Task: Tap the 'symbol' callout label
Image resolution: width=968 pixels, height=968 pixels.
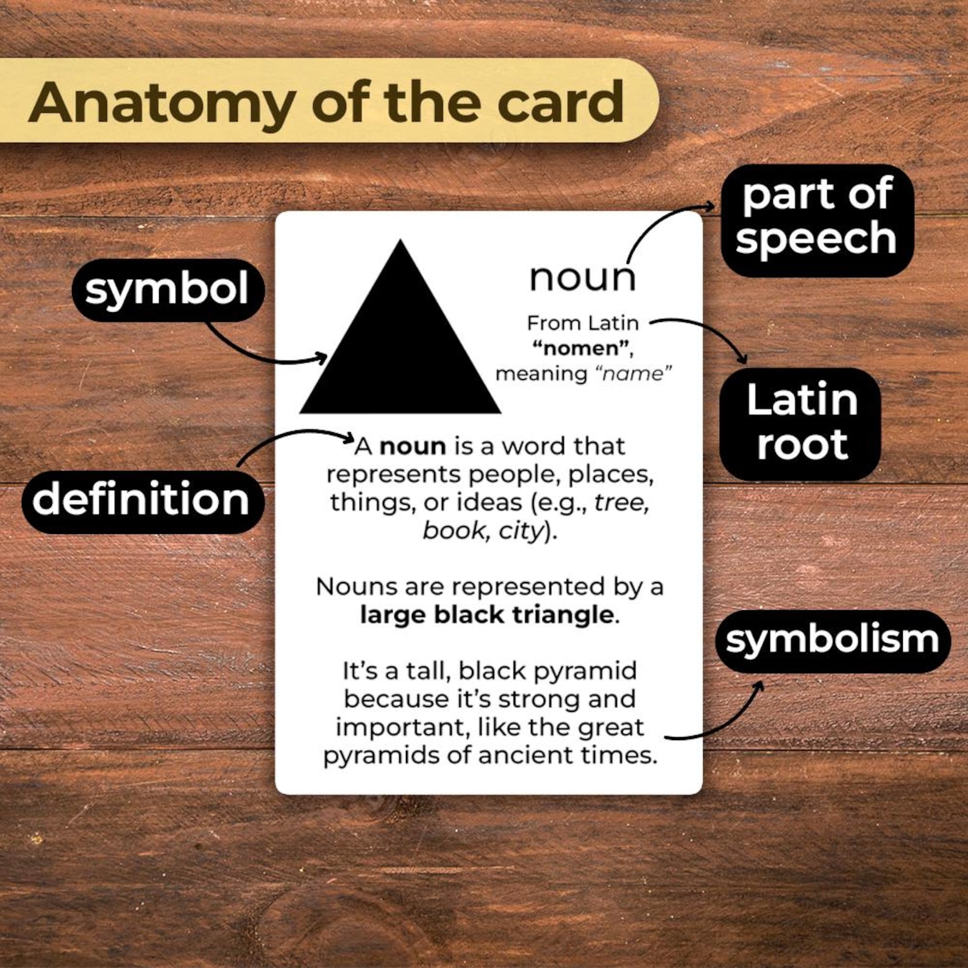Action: [168, 290]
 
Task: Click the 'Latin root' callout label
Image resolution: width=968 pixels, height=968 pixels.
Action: [801, 422]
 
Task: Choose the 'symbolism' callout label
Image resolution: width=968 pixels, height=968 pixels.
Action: [832, 640]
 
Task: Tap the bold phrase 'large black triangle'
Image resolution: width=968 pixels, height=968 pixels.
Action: [486, 614]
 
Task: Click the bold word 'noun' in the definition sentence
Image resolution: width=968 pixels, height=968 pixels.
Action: [413, 446]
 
